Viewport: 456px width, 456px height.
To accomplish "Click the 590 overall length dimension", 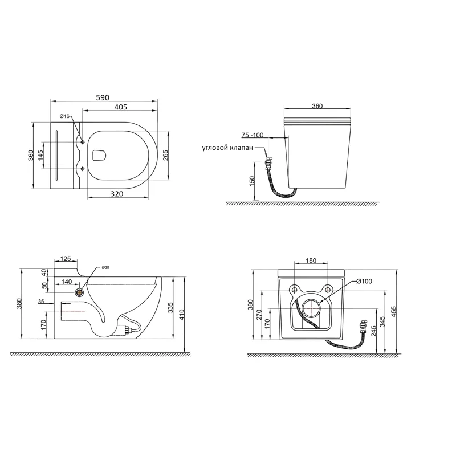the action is (x=103, y=97).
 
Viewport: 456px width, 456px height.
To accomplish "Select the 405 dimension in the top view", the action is (x=121, y=107).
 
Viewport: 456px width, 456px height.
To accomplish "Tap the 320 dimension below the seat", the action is (x=117, y=194).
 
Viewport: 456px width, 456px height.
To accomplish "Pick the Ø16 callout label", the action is (x=64, y=116).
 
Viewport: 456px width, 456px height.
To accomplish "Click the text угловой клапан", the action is (x=227, y=148).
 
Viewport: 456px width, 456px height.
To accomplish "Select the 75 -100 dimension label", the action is (x=253, y=135).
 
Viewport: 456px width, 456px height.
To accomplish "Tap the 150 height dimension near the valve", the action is (x=252, y=181).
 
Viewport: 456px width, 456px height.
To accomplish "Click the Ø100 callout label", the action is (x=364, y=281).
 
